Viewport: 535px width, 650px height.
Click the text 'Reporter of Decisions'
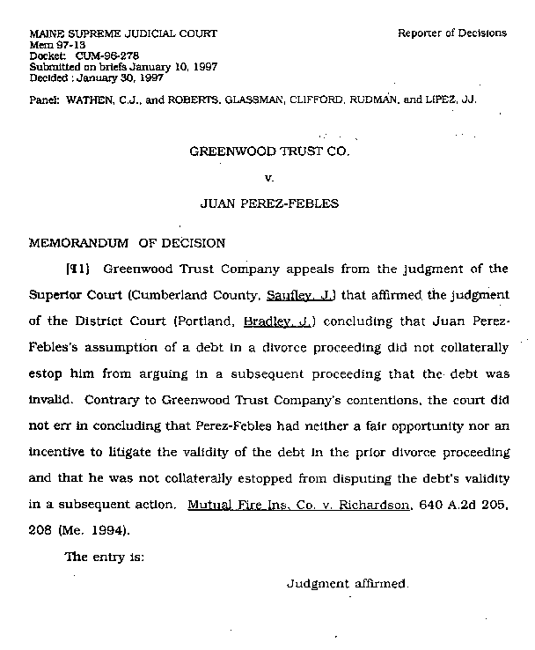451,33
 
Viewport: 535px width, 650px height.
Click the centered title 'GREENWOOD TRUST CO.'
270,151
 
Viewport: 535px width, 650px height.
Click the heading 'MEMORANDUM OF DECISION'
128,243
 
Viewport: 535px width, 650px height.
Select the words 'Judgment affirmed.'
348,584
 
